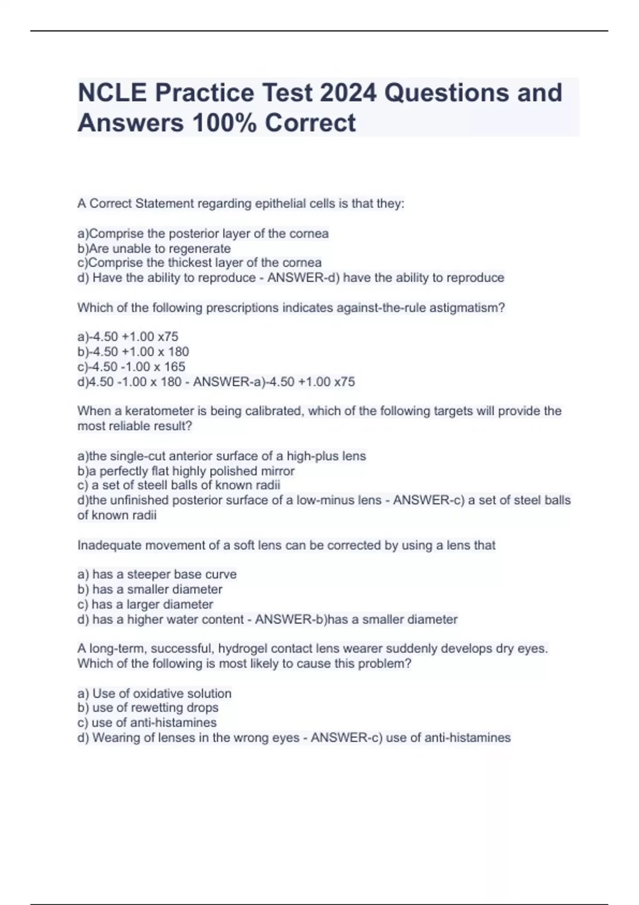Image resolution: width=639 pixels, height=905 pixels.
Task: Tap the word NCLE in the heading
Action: pyautogui.click(x=112, y=93)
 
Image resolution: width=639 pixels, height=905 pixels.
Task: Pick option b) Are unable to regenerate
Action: pyautogui.click(x=154, y=249)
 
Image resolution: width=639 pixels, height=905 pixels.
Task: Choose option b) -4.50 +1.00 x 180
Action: pyautogui.click(x=133, y=352)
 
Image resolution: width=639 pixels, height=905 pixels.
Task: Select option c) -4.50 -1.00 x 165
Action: pyautogui.click(x=131, y=367)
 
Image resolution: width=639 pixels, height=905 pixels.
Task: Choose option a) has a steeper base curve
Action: pyautogui.click(x=157, y=575)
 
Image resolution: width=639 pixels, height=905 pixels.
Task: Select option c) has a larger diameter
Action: pyautogui.click(x=145, y=605)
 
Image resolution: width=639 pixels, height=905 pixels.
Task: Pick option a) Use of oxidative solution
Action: pyautogui.click(x=154, y=694)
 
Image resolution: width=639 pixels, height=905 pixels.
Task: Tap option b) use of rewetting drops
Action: pyautogui.click(x=148, y=708)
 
